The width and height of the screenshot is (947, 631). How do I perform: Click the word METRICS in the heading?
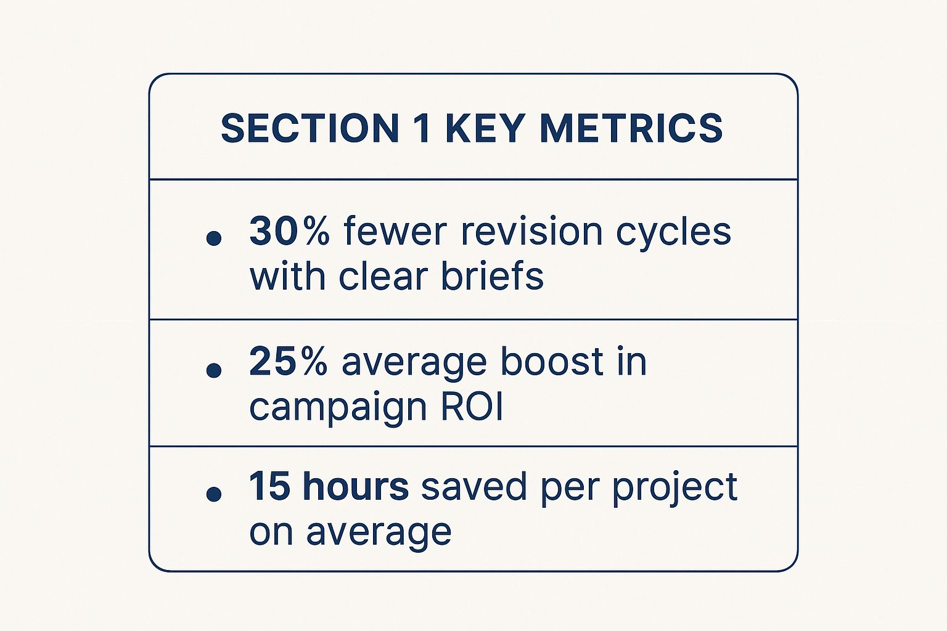pyautogui.click(x=631, y=128)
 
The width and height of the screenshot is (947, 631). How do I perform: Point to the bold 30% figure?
pyautogui.click(x=289, y=230)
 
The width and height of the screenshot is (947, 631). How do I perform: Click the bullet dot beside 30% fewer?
pyautogui.click(x=214, y=238)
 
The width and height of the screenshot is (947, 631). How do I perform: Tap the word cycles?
pyautogui.click(x=673, y=234)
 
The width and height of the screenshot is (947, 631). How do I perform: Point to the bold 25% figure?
pyautogui.click(x=289, y=361)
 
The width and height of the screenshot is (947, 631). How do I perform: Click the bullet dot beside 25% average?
pyautogui.click(x=214, y=370)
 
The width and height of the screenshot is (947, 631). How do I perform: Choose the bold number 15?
pyautogui.click(x=269, y=486)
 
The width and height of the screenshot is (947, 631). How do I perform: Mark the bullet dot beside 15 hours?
pyautogui.click(x=214, y=493)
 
